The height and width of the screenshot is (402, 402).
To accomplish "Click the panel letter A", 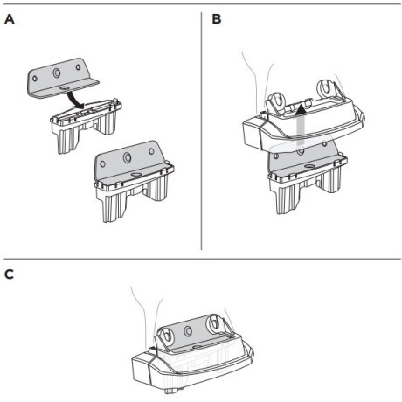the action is pyautogui.click(x=10, y=19).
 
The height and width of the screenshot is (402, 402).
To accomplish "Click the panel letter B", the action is pyautogui.click(x=217, y=19).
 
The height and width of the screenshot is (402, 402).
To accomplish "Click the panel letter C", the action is pyautogui.click(x=9, y=274).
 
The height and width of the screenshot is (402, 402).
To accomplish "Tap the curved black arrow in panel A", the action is pyautogui.click(x=74, y=100).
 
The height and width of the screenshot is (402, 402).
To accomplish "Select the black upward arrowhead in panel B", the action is pyautogui.click(x=301, y=110).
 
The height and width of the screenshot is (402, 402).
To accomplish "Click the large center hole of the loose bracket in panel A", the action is pyautogui.click(x=57, y=73).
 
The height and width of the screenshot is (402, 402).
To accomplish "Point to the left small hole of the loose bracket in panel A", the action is pyautogui.click(x=35, y=79).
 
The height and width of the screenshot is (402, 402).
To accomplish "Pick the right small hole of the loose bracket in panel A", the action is pyautogui.click(x=78, y=67).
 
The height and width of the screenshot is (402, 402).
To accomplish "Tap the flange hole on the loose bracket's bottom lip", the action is pyautogui.click(x=64, y=87).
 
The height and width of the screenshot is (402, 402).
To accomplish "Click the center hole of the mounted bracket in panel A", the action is pyautogui.click(x=127, y=157).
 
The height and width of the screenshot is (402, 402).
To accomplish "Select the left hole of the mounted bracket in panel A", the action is pyautogui.click(x=103, y=163).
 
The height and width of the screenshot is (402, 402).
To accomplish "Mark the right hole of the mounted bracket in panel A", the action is pyautogui.click(x=151, y=151).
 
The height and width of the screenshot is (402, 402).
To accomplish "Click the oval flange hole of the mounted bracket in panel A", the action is pyautogui.click(x=135, y=174).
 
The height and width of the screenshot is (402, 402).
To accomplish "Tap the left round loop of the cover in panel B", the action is pyautogui.click(x=275, y=101).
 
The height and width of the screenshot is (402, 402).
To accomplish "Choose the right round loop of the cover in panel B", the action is pyautogui.click(x=326, y=88).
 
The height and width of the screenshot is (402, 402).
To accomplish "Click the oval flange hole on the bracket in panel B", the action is pyautogui.click(x=309, y=167).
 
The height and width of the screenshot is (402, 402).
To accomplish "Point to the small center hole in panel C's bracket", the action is pyautogui.click(x=188, y=331).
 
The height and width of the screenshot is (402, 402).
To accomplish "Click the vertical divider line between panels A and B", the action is pyautogui.click(x=201, y=131).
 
